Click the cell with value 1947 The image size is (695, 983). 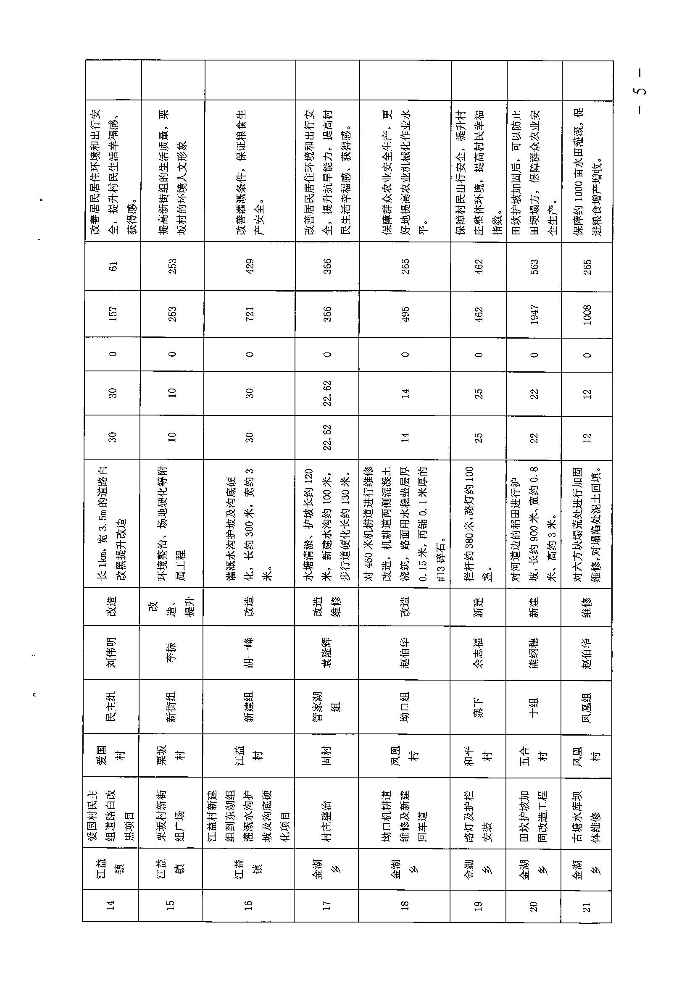534,314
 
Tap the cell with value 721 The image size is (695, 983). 249,314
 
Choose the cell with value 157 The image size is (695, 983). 113,314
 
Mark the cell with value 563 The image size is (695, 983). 534,267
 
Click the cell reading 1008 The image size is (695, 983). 587,314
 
